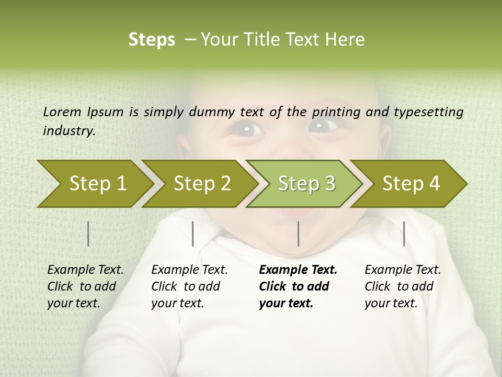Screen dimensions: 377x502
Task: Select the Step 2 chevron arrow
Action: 202,184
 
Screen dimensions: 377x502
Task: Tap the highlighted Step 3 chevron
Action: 306,184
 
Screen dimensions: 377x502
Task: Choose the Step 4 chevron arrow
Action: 411,184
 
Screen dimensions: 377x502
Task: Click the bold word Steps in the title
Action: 152,40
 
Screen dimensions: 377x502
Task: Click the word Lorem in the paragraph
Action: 62,112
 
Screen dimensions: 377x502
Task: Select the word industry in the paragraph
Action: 69,130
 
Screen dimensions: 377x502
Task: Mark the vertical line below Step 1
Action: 88,234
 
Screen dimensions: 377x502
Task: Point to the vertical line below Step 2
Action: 193,234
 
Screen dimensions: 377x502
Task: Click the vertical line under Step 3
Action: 298,234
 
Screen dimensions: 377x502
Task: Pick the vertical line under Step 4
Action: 404,234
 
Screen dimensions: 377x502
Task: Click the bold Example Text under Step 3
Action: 298,270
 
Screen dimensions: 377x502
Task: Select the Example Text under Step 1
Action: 85,270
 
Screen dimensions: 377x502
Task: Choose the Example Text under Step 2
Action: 189,270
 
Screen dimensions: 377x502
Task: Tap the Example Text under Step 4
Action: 403,270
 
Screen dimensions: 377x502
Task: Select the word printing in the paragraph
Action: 337,112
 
